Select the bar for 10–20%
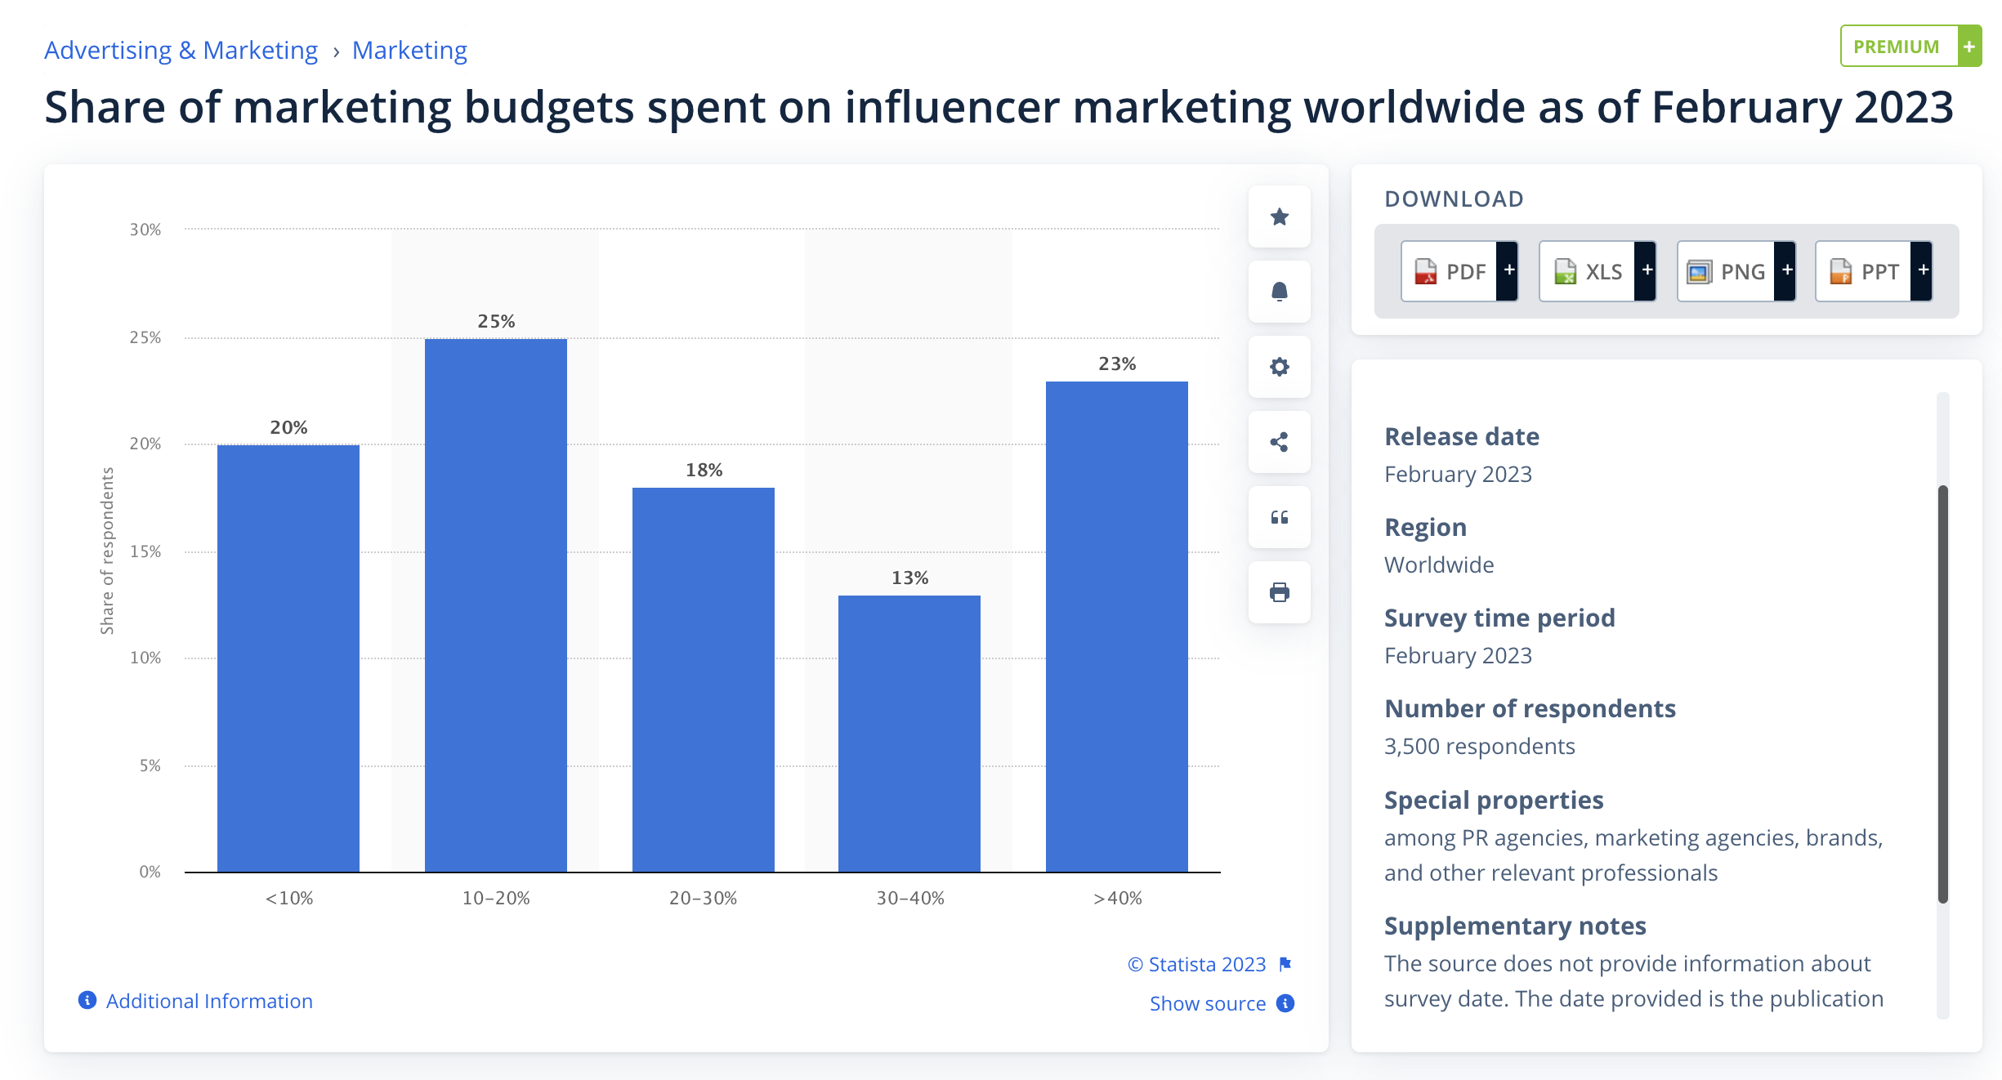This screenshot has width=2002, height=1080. [x=495, y=605]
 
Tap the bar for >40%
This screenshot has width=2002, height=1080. [x=1116, y=626]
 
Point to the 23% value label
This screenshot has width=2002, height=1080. [x=1116, y=364]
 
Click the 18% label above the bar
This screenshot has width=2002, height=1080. [x=704, y=471]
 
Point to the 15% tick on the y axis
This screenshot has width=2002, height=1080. [x=145, y=552]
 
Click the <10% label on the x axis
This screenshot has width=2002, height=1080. [x=288, y=899]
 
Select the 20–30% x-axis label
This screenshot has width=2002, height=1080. [x=703, y=899]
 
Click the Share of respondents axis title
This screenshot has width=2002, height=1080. [x=107, y=551]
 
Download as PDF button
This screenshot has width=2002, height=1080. [x=1459, y=272]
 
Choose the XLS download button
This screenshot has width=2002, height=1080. [x=1597, y=272]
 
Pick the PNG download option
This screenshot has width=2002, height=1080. [x=1735, y=272]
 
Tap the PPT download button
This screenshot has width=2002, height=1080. [x=1873, y=272]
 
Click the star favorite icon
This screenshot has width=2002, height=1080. [x=1279, y=217]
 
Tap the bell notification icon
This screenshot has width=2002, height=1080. [x=1279, y=292]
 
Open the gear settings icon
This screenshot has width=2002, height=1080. [x=1279, y=367]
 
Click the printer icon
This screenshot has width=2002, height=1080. [x=1279, y=592]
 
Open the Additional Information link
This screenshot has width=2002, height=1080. [x=208, y=1002]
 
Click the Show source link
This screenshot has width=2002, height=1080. [x=1208, y=1004]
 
